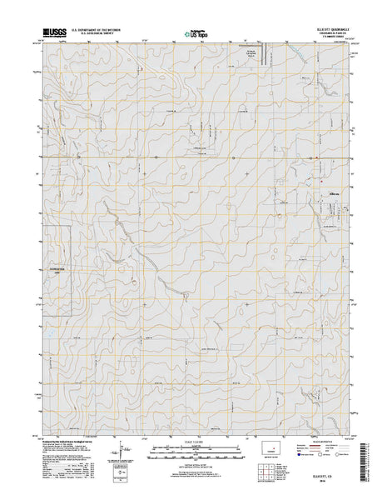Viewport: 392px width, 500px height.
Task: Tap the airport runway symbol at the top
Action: tap(265, 56)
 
